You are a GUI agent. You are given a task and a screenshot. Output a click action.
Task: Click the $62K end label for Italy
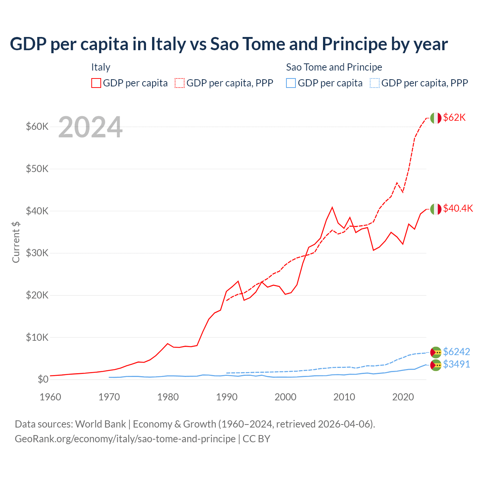click(454, 117)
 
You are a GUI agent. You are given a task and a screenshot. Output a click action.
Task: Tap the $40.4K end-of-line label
click(458, 208)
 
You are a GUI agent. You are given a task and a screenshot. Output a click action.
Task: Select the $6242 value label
click(456, 352)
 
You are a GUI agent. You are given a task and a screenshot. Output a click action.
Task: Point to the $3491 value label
click(456, 364)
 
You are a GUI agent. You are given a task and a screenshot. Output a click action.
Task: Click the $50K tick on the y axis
click(37, 169)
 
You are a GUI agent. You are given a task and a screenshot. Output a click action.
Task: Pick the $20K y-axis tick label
click(37, 295)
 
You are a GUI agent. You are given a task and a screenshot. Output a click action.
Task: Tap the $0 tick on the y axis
click(43, 379)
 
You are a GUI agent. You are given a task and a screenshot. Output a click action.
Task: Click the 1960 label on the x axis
click(51, 397)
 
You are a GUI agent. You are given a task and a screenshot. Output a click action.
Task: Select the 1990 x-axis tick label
click(227, 397)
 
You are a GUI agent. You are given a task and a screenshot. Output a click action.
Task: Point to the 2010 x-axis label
click(344, 397)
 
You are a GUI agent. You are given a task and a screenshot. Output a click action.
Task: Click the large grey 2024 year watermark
click(90, 127)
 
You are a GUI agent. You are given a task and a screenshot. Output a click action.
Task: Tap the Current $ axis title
click(16, 242)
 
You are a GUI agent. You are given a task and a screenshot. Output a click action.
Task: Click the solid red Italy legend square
click(96, 83)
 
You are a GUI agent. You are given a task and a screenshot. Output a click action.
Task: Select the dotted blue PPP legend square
click(375, 83)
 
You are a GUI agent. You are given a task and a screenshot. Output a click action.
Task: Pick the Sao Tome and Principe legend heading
click(334, 67)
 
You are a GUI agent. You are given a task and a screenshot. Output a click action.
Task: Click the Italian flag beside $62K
click(435, 118)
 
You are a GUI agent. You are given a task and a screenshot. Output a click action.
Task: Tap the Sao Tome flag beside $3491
click(435, 365)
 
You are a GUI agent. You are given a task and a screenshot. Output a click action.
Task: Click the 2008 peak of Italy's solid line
click(332, 207)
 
